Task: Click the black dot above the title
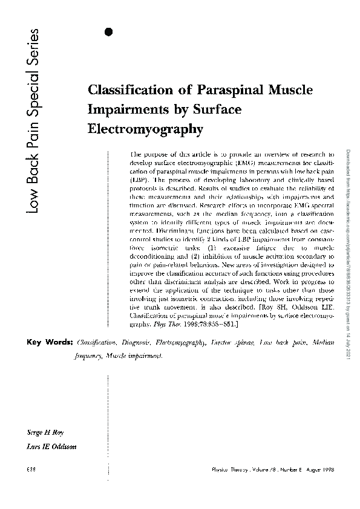(x=109, y=33)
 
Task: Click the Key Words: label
(x=50, y=343)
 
